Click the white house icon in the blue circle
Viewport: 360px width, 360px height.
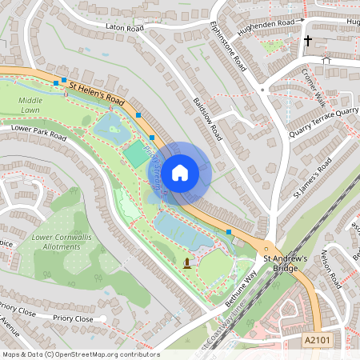click(180, 171)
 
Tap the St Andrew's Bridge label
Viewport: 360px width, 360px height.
click(285, 264)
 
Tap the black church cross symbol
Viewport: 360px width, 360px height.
click(308, 39)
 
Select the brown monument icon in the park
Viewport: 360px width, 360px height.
click(187, 262)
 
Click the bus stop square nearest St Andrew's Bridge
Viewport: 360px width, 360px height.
click(230, 232)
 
